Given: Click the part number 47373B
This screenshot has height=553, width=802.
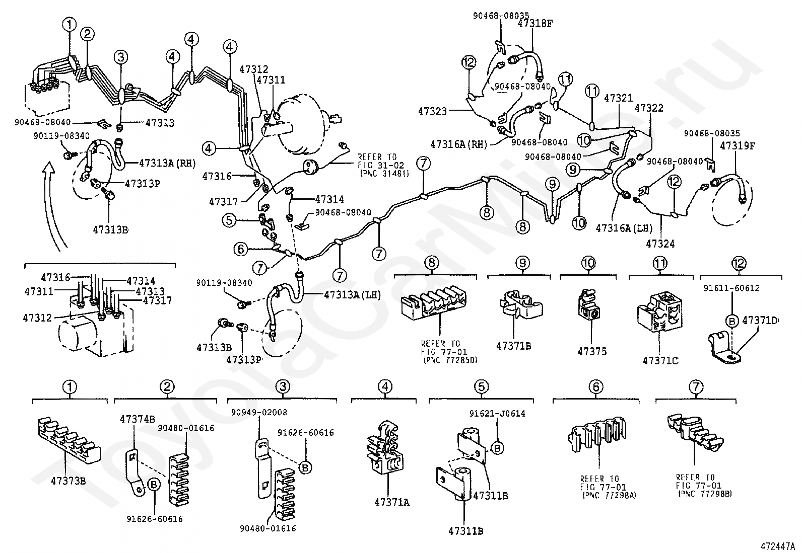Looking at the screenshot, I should pyautogui.click(x=68, y=480).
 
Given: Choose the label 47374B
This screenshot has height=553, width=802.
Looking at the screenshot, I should pyautogui.click(x=138, y=419).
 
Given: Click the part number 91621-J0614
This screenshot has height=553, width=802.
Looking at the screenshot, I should pyautogui.click(x=497, y=414).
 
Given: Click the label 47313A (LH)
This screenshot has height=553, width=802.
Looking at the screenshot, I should pyautogui.click(x=352, y=295).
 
